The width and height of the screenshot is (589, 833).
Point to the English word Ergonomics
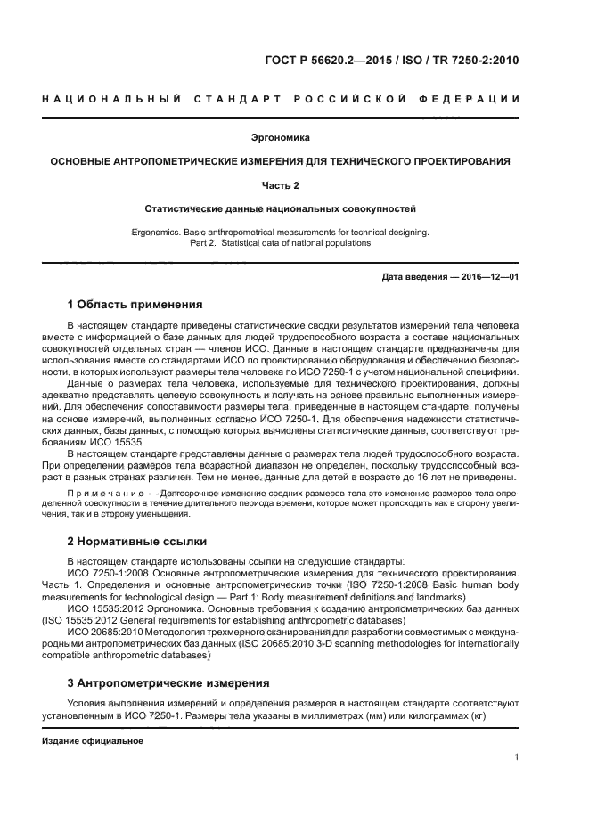click(157, 232)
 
